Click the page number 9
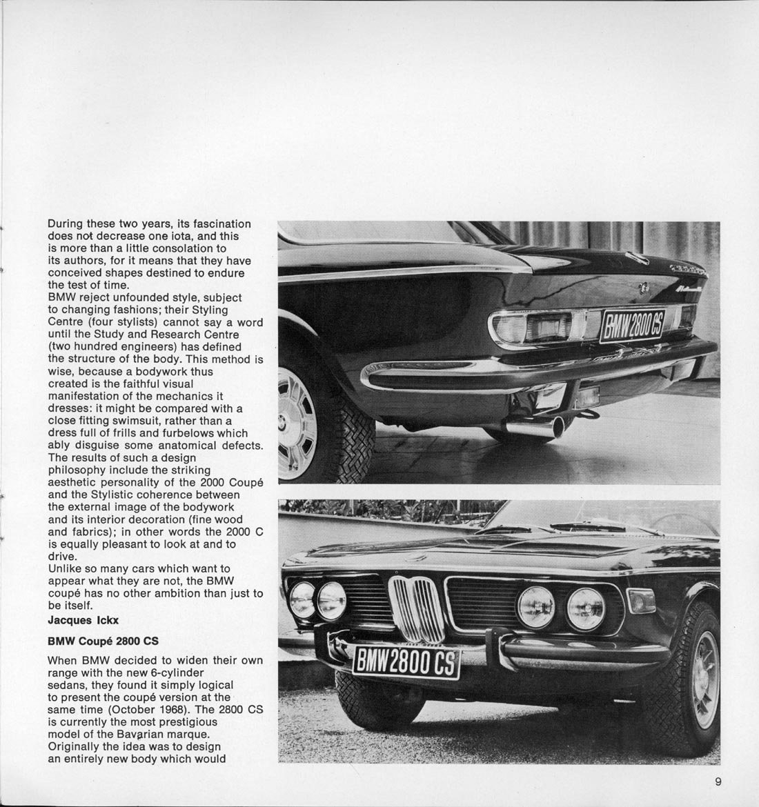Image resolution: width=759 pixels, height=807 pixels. [718, 781]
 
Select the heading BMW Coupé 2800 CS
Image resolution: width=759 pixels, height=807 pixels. [103, 641]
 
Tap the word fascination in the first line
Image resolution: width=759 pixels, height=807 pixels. [219, 224]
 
